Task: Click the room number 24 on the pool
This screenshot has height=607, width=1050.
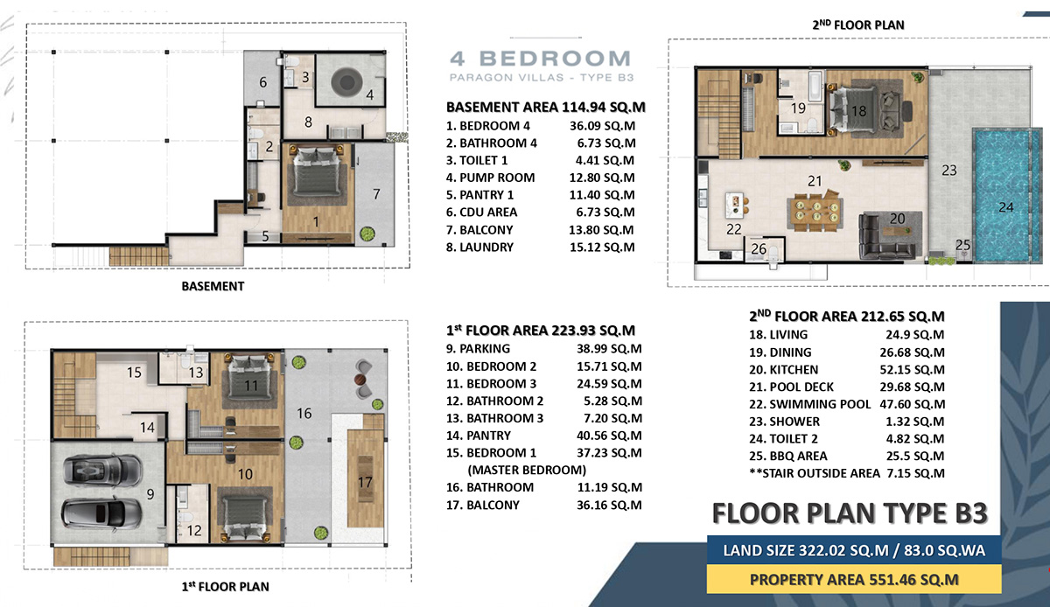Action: pos(1006,208)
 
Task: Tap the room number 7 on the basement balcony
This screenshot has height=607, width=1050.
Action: pos(376,193)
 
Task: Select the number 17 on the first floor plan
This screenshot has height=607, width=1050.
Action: pos(365,481)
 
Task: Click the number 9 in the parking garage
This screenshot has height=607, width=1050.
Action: pos(150,494)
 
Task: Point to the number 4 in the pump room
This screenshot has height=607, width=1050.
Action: pos(369,94)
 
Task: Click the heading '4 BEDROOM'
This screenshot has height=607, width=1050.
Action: pos(539,59)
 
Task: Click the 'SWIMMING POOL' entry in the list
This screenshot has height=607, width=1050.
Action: pos(809,404)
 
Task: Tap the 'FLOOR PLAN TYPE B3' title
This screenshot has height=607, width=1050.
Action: pos(850,513)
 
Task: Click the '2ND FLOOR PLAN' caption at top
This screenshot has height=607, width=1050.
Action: pos(857,25)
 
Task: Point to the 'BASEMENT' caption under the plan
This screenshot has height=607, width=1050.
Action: pos(213,286)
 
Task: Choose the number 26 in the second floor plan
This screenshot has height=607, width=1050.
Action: pos(759,249)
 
